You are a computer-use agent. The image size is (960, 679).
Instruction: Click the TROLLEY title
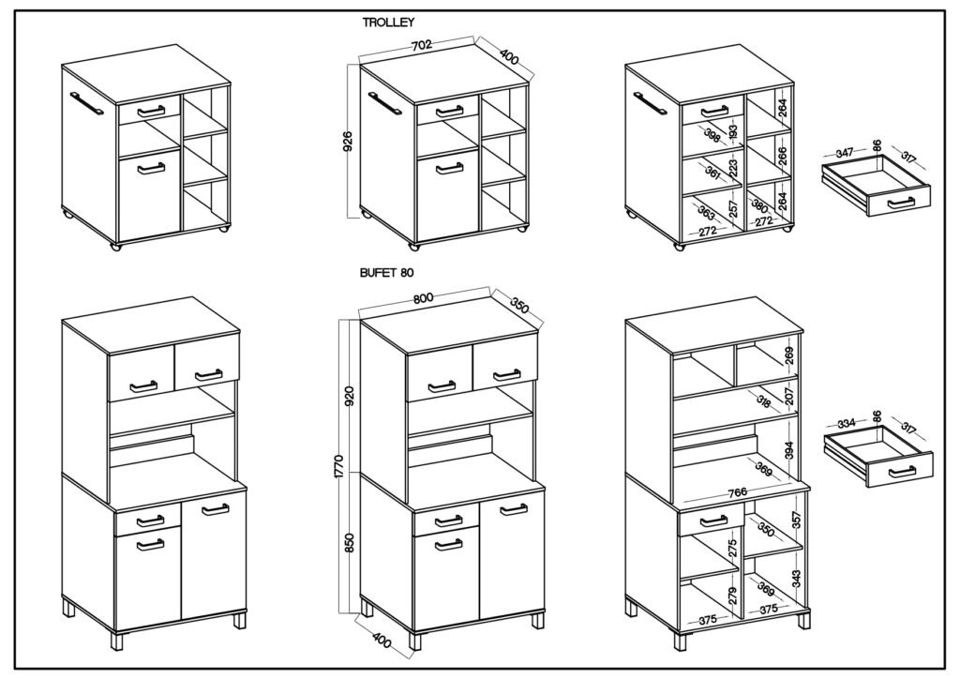click(388, 23)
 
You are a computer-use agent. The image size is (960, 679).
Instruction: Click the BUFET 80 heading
click(387, 274)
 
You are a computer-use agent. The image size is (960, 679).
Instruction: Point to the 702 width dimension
click(422, 45)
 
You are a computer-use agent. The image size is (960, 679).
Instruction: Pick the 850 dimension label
click(351, 543)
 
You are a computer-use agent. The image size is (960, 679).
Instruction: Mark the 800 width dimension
click(423, 298)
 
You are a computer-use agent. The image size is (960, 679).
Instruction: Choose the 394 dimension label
click(789, 452)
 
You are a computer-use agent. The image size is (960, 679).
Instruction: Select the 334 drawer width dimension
click(847, 423)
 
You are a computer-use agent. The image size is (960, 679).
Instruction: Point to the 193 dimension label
click(734, 131)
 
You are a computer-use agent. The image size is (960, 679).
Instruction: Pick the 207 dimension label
click(789, 397)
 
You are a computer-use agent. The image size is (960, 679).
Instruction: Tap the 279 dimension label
click(734, 596)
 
